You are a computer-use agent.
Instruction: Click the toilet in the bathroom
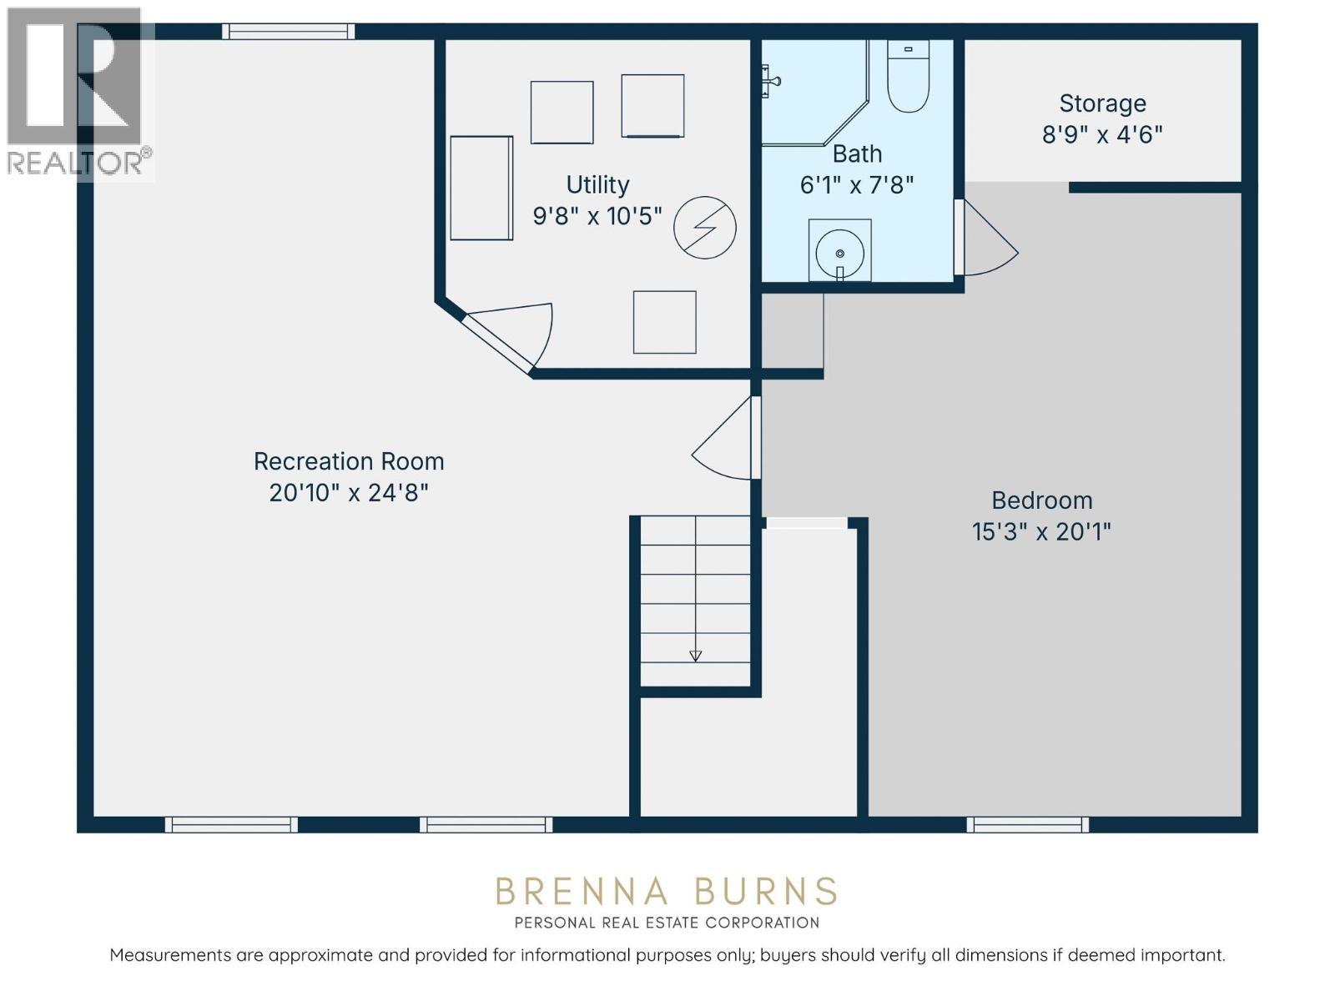point(908,76)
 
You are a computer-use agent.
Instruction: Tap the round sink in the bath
point(839,254)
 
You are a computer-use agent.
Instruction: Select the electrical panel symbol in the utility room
point(704,227)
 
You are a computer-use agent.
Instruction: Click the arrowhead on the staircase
point(695,656)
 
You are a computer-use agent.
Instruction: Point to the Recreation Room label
point(349,461)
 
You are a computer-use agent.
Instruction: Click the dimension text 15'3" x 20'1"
point(1040,532)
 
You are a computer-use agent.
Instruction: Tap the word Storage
point(1102,103)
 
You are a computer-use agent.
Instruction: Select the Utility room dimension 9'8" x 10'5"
point(597,216)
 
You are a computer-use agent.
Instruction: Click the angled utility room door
point(508,337)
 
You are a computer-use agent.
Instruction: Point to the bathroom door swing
point(989,239)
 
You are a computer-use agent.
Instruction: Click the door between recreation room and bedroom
point(727,438)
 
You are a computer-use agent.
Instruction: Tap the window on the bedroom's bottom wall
point(1027,825)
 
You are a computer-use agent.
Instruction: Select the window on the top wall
point(288,31)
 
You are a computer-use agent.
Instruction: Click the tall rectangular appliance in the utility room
point(481,188)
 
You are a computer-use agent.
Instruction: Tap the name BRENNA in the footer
point(582,892)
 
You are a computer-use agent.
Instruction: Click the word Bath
point(857,153)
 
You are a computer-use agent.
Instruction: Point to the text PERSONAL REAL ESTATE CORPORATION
point(667,923)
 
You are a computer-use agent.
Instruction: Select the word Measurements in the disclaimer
point(170,955)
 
